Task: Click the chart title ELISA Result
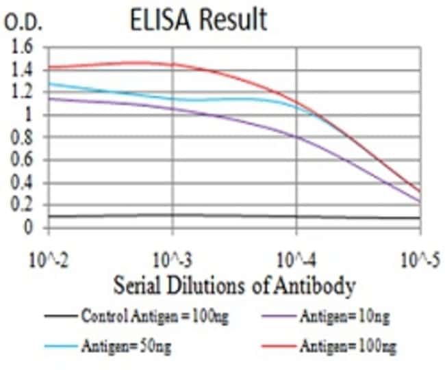[199, 21]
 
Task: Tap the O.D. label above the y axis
[23, 23]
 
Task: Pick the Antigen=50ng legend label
[127, 347]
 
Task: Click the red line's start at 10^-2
[50, 67]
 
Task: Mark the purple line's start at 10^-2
[50, 98]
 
